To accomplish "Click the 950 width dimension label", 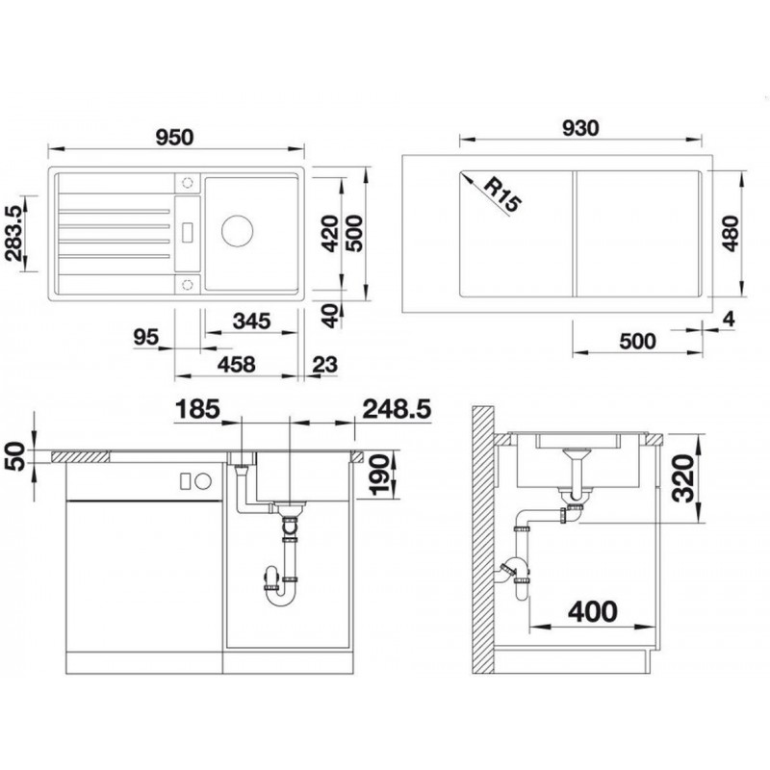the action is tap(174, 137).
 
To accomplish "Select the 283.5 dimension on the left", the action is tap(13, 233).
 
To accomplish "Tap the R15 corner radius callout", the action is tap(501, 194).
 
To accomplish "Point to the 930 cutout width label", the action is tap(580, 128).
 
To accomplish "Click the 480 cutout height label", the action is tap(731, 233).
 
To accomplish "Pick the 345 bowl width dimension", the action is tap(251, 321).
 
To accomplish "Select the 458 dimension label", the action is tap(236, 365).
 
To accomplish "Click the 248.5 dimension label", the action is tap(397, 409).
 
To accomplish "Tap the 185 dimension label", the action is tap(197, 409).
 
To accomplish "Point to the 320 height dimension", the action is tap(683, 477).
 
